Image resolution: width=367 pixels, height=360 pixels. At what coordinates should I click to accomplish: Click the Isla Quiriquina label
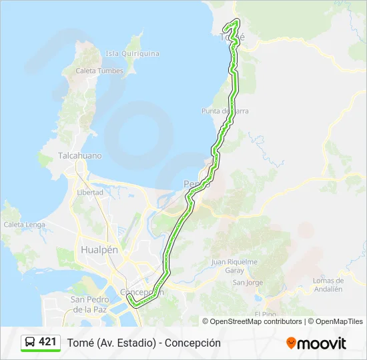[132, 53]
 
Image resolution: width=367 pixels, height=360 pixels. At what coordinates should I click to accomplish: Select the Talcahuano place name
[80, 155]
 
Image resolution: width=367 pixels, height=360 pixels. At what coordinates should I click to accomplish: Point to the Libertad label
[90, 192]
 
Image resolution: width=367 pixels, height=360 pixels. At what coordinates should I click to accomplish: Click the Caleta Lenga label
[24, 225]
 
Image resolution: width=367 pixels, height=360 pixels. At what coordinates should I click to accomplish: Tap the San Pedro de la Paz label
[91, 305]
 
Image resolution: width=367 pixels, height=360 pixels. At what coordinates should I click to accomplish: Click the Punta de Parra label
[226, 111]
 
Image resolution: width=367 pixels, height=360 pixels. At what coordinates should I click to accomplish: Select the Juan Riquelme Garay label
[234, 266]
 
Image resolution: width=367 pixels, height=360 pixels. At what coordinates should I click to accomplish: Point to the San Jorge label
[248, 283]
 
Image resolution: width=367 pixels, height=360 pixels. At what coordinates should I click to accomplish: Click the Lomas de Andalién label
[328, 285]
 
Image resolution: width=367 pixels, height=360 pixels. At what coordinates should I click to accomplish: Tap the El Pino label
[265, 313]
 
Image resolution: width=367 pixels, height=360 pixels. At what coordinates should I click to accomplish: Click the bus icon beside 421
[29, 343]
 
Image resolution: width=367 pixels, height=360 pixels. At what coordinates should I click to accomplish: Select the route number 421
[47, 342]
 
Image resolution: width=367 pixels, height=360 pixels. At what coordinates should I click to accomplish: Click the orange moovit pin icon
[291, 343]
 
